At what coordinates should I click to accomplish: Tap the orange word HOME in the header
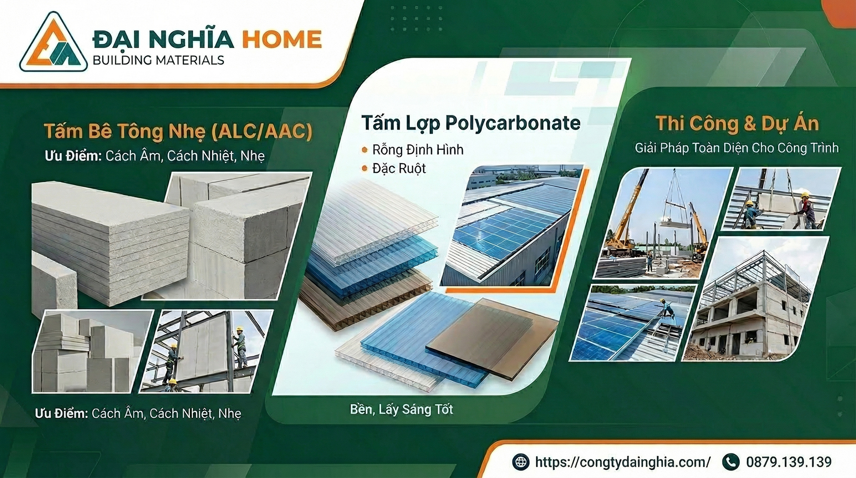click(281, 39)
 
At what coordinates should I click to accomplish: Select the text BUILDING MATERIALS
click(158, 60)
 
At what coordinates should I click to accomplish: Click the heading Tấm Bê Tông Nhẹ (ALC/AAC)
click(178, 131)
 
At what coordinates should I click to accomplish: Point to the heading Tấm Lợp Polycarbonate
click(471, 123)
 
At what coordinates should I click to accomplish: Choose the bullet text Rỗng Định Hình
click(418, 149)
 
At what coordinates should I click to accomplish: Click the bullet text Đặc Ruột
click(399, 169)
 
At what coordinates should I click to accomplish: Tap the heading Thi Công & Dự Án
click(737, 123)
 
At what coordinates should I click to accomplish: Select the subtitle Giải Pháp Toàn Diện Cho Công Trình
click(737, 148)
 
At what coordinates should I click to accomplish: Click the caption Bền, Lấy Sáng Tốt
click(401, 409)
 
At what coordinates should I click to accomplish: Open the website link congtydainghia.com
click(623, 462)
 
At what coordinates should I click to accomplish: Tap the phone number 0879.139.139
click(789, 462)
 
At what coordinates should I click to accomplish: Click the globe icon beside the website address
click(521, 462)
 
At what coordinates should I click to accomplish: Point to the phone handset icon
click(730, 462)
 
